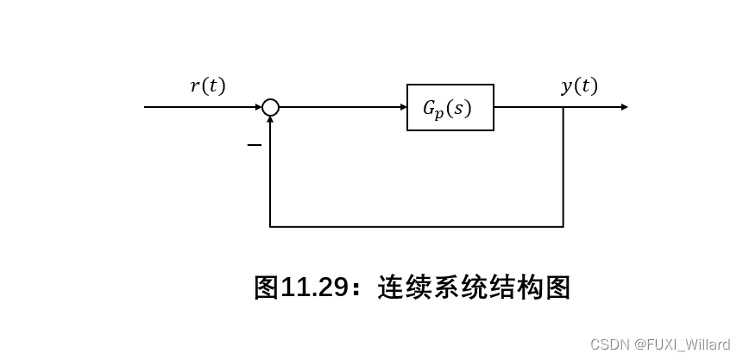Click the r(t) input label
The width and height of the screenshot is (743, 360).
(x=207, y=85)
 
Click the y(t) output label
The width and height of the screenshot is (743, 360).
(x=579, y=85)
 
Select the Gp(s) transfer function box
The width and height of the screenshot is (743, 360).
(x=450, y=108)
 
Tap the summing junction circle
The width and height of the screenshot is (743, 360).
(x=270, y=107)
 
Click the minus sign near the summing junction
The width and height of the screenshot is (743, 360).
(x=254, y=145)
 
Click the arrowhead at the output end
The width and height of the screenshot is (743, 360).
(x=624, y=107)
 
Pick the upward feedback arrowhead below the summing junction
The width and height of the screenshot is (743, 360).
(x=270, y=122)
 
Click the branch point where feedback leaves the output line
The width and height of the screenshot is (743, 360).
(x=564, y=107)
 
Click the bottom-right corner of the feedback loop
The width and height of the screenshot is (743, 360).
(x=564, y=227)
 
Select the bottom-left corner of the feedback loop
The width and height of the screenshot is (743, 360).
(x=270, y=227)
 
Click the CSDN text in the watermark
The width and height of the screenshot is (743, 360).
(x=608, y=344)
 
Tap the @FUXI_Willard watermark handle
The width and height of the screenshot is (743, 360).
(x=682, y=344)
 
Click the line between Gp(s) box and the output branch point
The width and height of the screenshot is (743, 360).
(x=528, y=107)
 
